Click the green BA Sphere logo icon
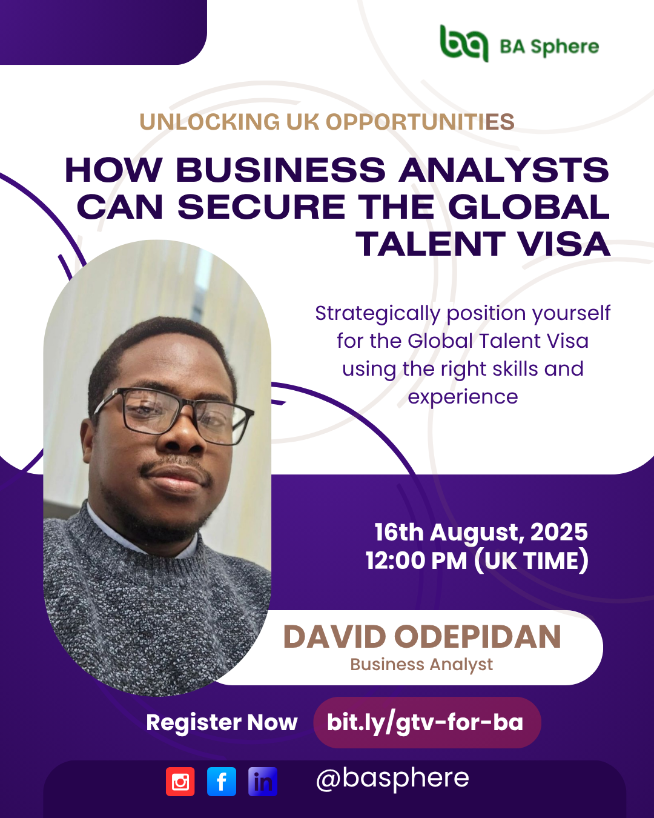click(x=464, y=43)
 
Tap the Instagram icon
click(x=180, y=782)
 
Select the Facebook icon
click(x=222, y=782)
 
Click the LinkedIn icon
click(x=263, y=782)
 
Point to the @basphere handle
click(x=392, y=779)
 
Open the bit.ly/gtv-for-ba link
click(x=425, y=722)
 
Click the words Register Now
click(x=222, y=722)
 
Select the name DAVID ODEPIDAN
click(x=422, y=637)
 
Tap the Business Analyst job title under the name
click(x=421, y=665)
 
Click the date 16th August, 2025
click(x=481, y=532)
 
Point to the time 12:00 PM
click(x=416, y=560)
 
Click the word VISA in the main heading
click(x=564, y=244)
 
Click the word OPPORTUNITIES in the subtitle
click(x=420, y=122)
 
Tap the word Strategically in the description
click(x=378, y=314)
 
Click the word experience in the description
click(x=463, y=397)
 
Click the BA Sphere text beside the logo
click(x=549, y=47)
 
